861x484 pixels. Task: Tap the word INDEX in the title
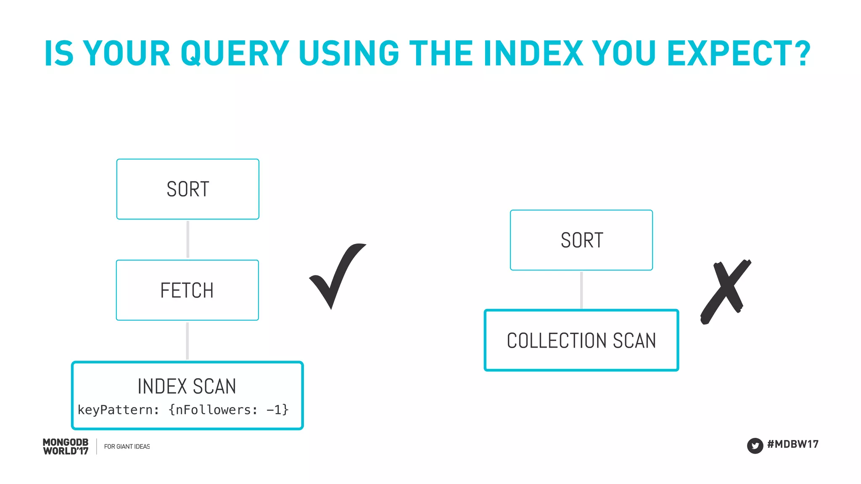(x=534, y=53)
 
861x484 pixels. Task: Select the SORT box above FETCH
(x=188, y=189)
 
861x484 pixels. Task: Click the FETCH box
(x=188, y=290)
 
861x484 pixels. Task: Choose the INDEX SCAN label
(x=187, y=386)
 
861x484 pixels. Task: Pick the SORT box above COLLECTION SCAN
(x=581, y=240)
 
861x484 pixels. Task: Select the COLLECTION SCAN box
(x=581, y=340)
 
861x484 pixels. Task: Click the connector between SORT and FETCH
(x=188, y=239)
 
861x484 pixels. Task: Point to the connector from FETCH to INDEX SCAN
(x=188, y=340)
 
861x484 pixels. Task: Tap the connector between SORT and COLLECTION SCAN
(x=581, y=290)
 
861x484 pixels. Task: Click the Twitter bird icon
(x=755, y=445)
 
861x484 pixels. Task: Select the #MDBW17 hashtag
(x=793, y=444)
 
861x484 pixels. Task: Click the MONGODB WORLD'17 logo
(x=66, y=447)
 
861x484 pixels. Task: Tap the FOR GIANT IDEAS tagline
(x=127, y=447)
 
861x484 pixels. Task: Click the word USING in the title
(x=349, y=53)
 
